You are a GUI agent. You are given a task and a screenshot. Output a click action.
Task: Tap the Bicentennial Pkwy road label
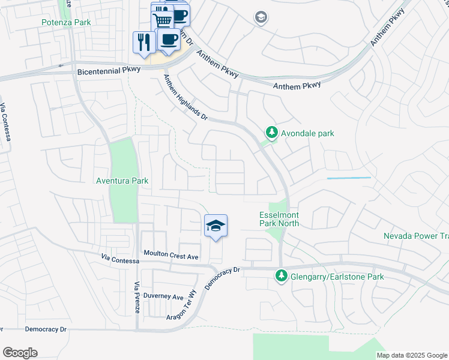coord(109,70)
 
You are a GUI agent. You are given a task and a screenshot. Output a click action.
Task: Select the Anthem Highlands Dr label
coord(186,100)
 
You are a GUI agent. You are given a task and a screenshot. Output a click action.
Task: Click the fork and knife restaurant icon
coord(142,42)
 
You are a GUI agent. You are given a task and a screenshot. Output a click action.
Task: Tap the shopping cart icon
coord(161,20)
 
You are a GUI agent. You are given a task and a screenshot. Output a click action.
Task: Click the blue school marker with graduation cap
coord(216,226)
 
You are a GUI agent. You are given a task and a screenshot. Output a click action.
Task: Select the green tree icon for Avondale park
coord(271,133)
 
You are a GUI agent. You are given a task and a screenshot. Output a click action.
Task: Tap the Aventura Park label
coord(122,181)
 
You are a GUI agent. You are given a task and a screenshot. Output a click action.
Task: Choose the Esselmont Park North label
coord(279,219)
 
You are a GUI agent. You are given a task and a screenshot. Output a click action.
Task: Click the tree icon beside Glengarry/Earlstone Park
coord(280,276)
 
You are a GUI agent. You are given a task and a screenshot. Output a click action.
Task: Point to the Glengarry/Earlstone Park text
coord(337,277)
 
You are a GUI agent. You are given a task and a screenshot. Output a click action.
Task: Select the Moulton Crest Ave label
coord(170,256)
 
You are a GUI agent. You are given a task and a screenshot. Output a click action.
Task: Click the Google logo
coord(20,353)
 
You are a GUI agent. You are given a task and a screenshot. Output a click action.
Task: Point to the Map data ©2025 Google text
coord(411,355)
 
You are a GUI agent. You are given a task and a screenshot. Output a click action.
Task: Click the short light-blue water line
coord(348,178)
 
